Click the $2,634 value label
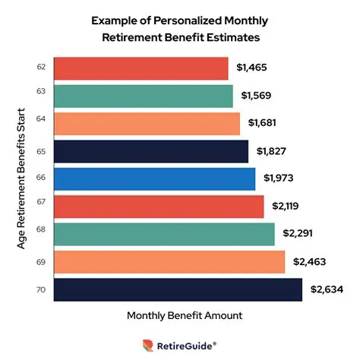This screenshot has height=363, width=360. [327, 289]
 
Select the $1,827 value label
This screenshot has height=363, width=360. [271, 151]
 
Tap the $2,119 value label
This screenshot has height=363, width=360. [286, 207]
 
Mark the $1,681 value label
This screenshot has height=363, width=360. [263, 124]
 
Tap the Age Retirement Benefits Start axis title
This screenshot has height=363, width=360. [22, 178]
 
